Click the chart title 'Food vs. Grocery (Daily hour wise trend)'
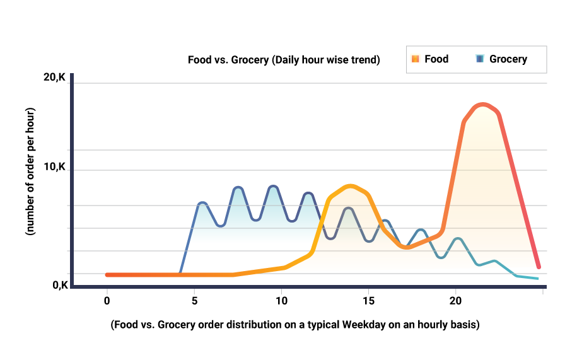[x=284, y=61]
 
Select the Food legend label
[x=436, y=59]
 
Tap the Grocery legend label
[x=508, y=59]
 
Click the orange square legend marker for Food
[x=415, y=59]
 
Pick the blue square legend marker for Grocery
[x=480, y=59]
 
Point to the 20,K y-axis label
[x=54, y=78]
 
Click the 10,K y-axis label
[x=54, y=168]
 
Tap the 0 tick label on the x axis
[x=107, y=301]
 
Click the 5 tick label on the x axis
[x=194, y=301]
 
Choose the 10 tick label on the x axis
[x=281, y=301]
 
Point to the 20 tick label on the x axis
[x=455, y=301]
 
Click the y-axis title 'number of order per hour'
[x=30, y=172]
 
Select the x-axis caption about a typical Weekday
[x=295, y=325]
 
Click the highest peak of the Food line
[x=482, y=104]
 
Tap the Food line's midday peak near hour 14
[x=351, y=186]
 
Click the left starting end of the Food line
[x=107, y=275]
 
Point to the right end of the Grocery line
[x=537, y=278]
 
